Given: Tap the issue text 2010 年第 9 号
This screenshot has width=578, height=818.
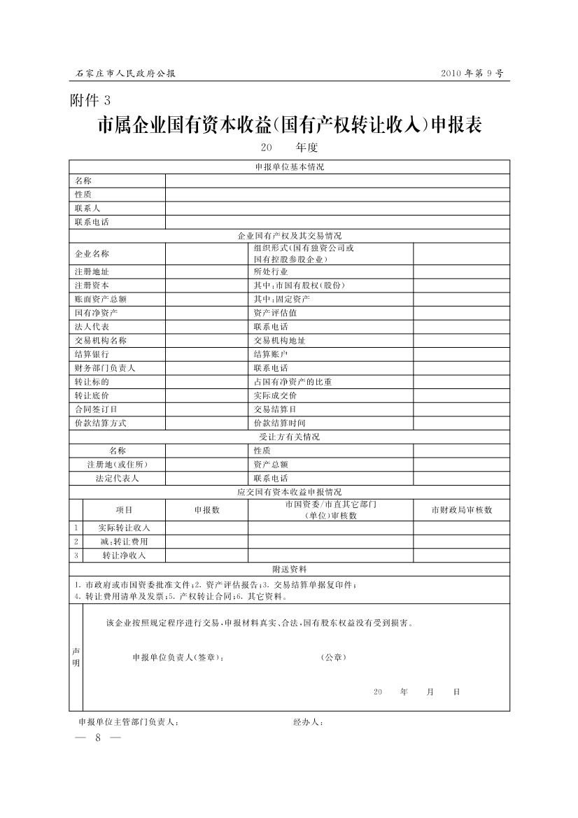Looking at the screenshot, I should (x=472, y=73).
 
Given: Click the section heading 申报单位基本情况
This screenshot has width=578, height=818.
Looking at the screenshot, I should (x=289, y=167).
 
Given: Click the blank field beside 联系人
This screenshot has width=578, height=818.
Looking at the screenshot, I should (x=337, y=209).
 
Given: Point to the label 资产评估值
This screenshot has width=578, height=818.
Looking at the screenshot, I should (x=275, y=313).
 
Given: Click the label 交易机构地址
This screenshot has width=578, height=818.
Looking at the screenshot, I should (x=279, y=341).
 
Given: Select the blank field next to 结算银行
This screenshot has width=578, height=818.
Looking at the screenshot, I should (x=206, y=354).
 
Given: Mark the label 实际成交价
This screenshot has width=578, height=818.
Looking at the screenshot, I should (x=275, y=395).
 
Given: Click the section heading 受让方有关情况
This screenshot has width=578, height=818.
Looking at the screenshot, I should (x=289, y=437).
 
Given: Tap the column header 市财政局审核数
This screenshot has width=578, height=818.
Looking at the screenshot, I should (x=461, y=510).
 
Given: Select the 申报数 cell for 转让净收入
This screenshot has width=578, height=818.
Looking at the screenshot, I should (x=206, y=555).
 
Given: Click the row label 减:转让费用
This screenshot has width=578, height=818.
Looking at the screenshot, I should (x=124, y=542).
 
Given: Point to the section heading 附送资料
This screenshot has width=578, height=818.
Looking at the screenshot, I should (x=289, y=569).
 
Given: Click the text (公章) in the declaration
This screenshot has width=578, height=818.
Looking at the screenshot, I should (x=333, y=658).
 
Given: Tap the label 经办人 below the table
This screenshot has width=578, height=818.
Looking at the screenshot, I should (x=308, y=721).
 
